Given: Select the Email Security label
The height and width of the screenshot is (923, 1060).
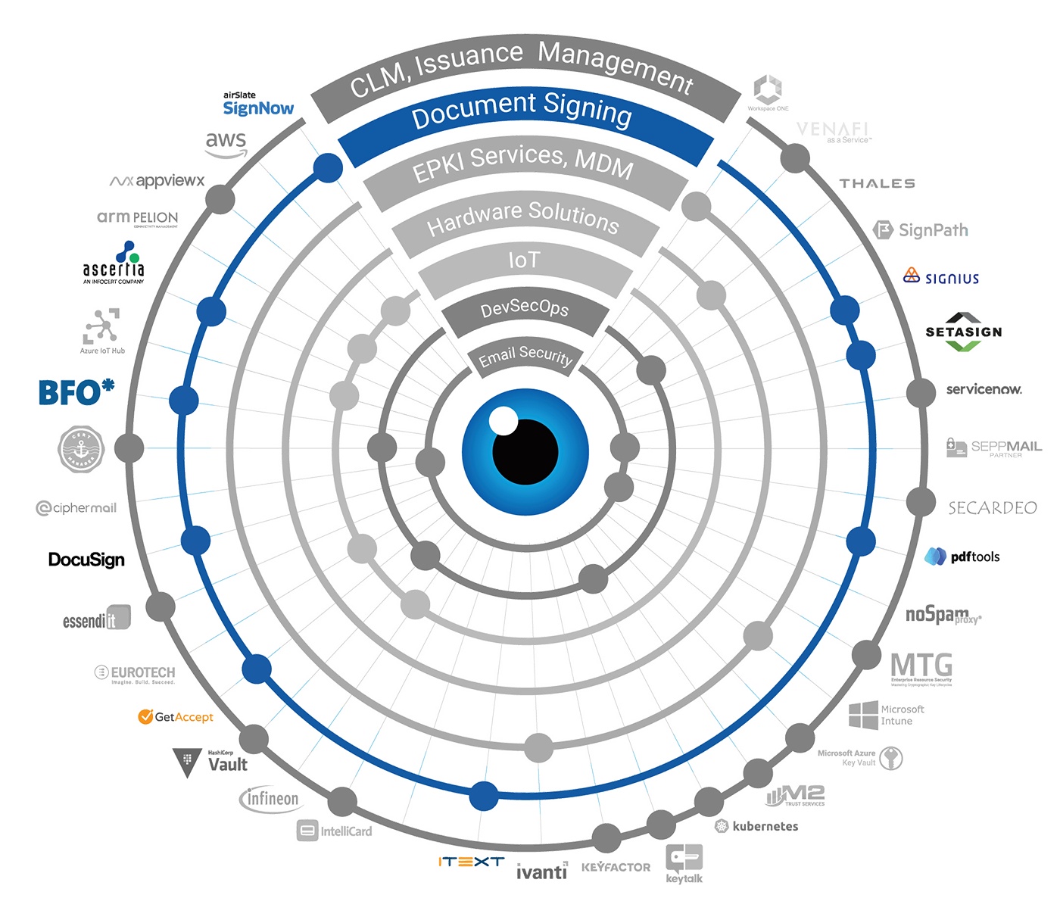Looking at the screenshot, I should click(x=525, y=356).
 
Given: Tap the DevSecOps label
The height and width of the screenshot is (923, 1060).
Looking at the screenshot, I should click(x=524, y=309).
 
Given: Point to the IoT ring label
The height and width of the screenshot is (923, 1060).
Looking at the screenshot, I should click(x=524, y=260).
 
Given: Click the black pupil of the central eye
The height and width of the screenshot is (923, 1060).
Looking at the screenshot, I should click(x=525, y=452).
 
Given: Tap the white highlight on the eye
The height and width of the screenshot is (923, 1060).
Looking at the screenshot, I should click(x=503, y=420).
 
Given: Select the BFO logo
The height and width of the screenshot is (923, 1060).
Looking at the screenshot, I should click(x=74, y=392).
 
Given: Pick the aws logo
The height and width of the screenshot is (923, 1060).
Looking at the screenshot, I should click(x=226, y=142).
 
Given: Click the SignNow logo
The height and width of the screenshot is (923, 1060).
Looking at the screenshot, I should click(x=257, y=107).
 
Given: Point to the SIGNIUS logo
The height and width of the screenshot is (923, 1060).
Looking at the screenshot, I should click(x=943, y=278).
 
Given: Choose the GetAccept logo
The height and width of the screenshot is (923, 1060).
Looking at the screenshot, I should click(x=176, y=716).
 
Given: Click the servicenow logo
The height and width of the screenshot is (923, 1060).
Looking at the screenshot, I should click(x=984, y=389).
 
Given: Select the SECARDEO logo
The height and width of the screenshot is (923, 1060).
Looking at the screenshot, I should click(x=993, y=507).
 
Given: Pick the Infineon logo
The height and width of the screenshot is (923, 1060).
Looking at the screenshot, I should click(x=270, y=800).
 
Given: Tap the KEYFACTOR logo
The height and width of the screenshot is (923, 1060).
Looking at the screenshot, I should click(x=616, y=867).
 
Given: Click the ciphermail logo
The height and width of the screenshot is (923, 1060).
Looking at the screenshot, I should click(x=77, y=508).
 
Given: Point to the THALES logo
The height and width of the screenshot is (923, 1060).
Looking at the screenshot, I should click(x=877, y=184).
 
